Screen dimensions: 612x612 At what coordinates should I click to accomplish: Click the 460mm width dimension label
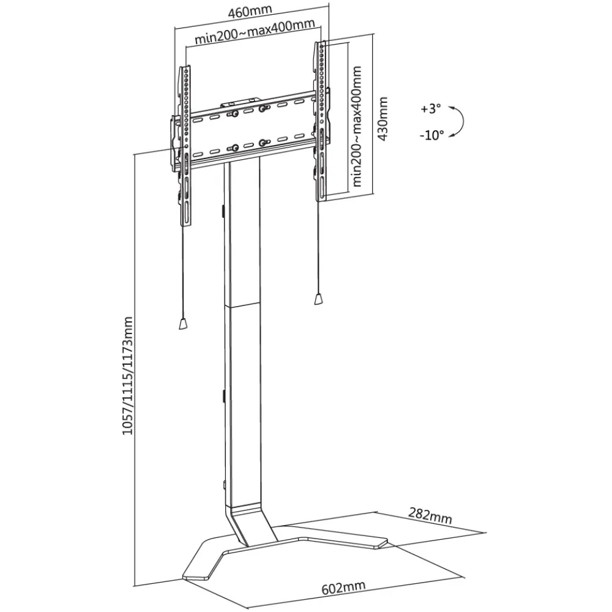249,12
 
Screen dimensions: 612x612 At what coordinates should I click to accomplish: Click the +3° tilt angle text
431,109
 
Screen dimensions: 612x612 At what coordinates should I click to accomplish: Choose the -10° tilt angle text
431,135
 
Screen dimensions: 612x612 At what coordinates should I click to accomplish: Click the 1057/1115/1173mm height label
127,376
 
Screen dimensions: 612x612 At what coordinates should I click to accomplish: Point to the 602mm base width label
343,588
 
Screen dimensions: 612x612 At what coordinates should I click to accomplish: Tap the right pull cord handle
319,299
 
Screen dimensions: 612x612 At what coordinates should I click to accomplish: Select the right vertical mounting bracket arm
321,122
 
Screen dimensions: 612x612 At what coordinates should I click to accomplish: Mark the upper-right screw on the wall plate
262,108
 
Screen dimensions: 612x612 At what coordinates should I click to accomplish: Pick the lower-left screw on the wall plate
234,147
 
